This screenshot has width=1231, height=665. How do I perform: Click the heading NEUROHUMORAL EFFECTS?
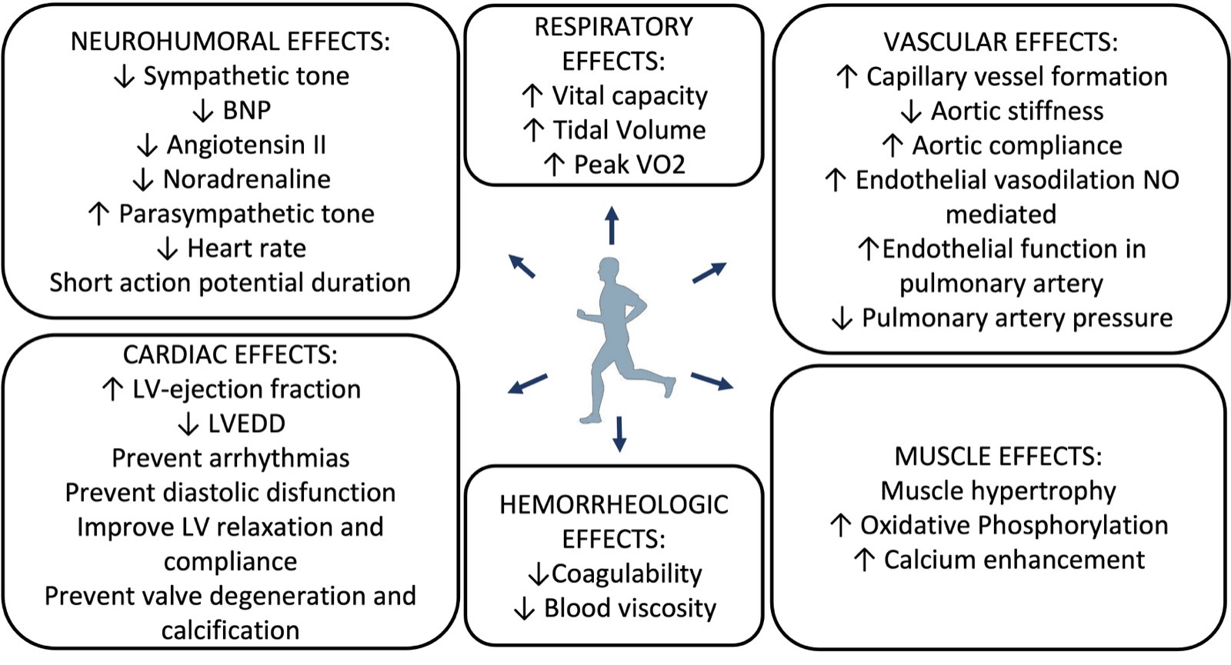pos(230,42)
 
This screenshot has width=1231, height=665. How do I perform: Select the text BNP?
pos(247,111)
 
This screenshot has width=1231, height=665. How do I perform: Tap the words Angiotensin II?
pos(246,145)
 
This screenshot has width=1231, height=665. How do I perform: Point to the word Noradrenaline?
pos(247,180)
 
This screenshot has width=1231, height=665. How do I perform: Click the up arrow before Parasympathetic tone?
pos(98,214)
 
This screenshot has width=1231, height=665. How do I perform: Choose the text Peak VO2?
pos(629,165)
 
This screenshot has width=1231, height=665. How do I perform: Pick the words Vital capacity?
pos(629,96)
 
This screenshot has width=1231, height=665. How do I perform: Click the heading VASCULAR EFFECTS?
pos(1000,42)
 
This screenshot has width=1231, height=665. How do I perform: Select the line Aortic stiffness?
pos(1017,111)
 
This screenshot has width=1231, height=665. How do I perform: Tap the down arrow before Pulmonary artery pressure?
pos(842,318)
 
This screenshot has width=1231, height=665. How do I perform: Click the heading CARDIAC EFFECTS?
pos(230,354)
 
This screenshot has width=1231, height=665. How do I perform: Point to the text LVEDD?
pos(246,424)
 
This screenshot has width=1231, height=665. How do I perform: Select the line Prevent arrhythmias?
pos(230,458)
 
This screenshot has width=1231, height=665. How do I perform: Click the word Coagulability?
pos(626,574)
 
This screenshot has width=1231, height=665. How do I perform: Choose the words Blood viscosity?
pos(630,608)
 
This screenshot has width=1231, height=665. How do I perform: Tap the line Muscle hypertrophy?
pos(998,490)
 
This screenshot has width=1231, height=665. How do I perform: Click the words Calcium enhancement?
pos(1014,560)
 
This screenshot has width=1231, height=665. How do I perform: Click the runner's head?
pos(609,271)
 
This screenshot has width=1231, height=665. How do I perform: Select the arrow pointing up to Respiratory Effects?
pos(612,224)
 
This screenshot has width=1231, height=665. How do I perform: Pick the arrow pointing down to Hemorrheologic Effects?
pos(619,434)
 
